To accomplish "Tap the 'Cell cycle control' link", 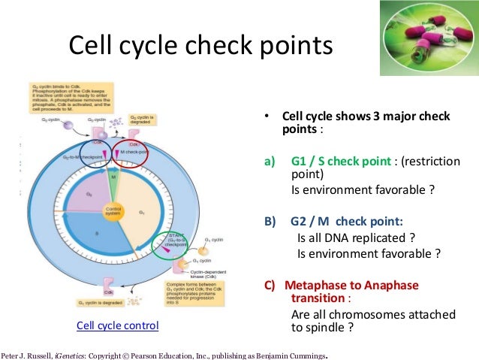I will pyautogui.click(x=117, y=325).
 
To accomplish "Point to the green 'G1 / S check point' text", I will pyautogui.click(x=339, y=161).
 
